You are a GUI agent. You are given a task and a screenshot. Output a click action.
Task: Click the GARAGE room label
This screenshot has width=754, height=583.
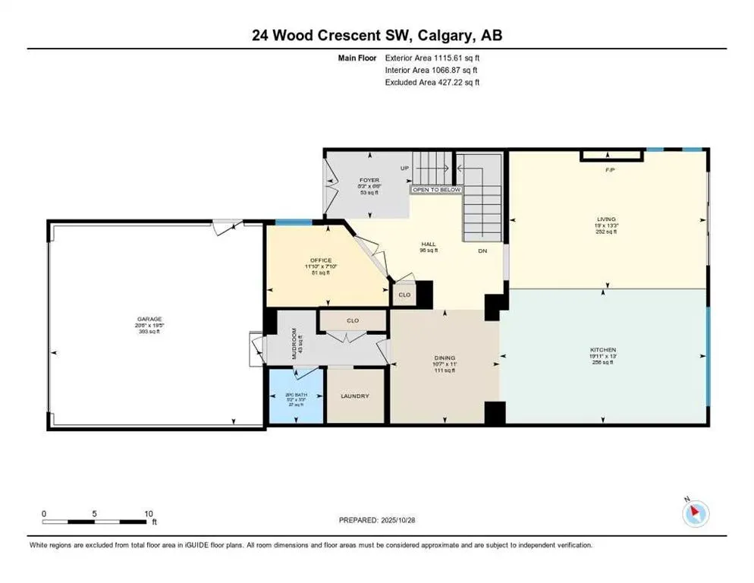click(x=149, y=319)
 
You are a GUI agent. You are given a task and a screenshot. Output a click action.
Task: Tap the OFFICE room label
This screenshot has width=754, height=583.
click(x=321, y=260)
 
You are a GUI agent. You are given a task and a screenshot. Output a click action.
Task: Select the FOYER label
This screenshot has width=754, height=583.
click(x=369, y=181)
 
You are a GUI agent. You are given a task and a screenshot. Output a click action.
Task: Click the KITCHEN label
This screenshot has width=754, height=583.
click(x=605, y=349)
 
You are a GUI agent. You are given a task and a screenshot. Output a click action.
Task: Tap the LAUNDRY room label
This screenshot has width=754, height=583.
click(x=354, y=396)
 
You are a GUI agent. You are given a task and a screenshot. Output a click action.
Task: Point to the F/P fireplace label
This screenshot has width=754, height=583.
click(x=608, y=170)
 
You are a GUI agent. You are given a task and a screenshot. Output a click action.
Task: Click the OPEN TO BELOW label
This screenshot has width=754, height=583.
click(x=436, y=190)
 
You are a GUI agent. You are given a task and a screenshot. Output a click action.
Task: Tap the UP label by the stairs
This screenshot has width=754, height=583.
click(x=405, y=168)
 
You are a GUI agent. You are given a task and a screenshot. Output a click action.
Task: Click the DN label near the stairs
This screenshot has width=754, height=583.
click(x=482, y=251)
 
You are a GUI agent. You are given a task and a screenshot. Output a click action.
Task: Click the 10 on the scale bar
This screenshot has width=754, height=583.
click(x=149, y=513)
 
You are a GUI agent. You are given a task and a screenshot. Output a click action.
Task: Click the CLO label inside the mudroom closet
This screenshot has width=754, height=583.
click(x=352, y=320)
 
